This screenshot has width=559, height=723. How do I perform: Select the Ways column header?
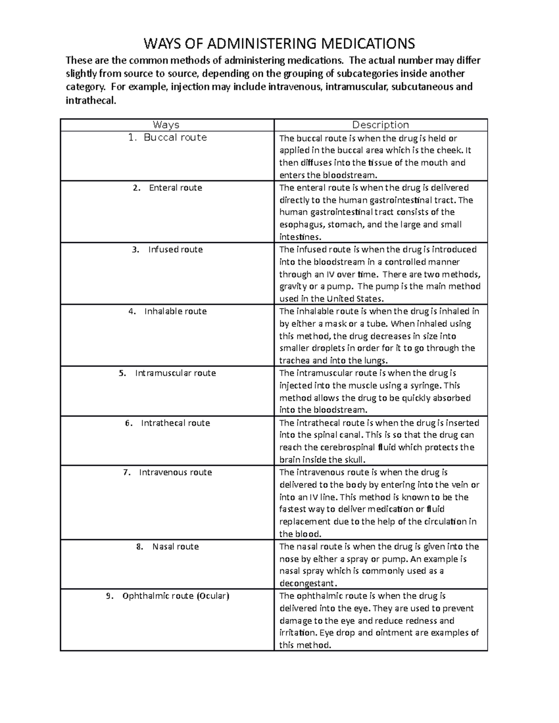[x=166, y=125]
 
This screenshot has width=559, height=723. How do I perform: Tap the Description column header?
[x=381, y=125]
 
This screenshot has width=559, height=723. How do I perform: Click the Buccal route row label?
[x=175, y=137]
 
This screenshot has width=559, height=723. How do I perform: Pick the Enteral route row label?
[x=175, y=188]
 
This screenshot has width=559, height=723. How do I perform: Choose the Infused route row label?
[x=175, y=250]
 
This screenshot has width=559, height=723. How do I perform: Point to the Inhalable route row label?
[x=175, y=311]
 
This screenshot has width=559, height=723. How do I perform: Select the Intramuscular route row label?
[x=175, y=373]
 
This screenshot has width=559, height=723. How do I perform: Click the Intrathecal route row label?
[x=175, y=423]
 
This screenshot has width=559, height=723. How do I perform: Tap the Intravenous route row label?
[x=175, y=472]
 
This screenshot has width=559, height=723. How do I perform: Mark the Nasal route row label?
[x=175, y=547]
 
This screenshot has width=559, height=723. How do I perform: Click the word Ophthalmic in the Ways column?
[x=146, y=596]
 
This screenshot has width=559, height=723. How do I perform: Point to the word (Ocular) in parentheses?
[x=213, y=596]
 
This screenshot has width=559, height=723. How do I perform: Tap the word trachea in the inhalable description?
[x=294, y=361]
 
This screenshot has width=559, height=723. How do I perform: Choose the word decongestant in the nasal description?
[x=307, y=584]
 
